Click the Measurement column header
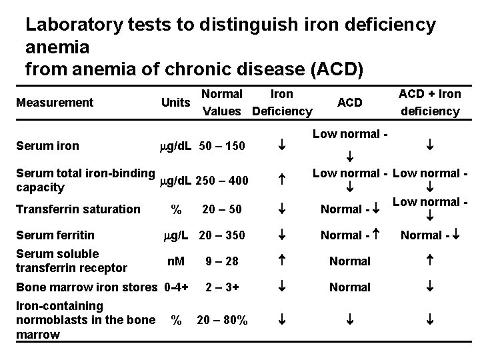click(54, 103)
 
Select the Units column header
click(175, 103)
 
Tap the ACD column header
click(349, 103)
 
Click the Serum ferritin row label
click(55, 235)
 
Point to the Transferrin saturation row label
click(77, 209)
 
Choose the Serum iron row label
click(47, 146)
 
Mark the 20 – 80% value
click(222, 321)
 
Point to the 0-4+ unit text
click(176, 287)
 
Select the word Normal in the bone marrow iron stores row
click(350, 287)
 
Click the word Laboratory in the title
click(74, 25)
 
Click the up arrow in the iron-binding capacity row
click(282, 180)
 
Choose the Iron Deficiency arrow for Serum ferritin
click(282, 235)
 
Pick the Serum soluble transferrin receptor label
click(71, 261)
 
